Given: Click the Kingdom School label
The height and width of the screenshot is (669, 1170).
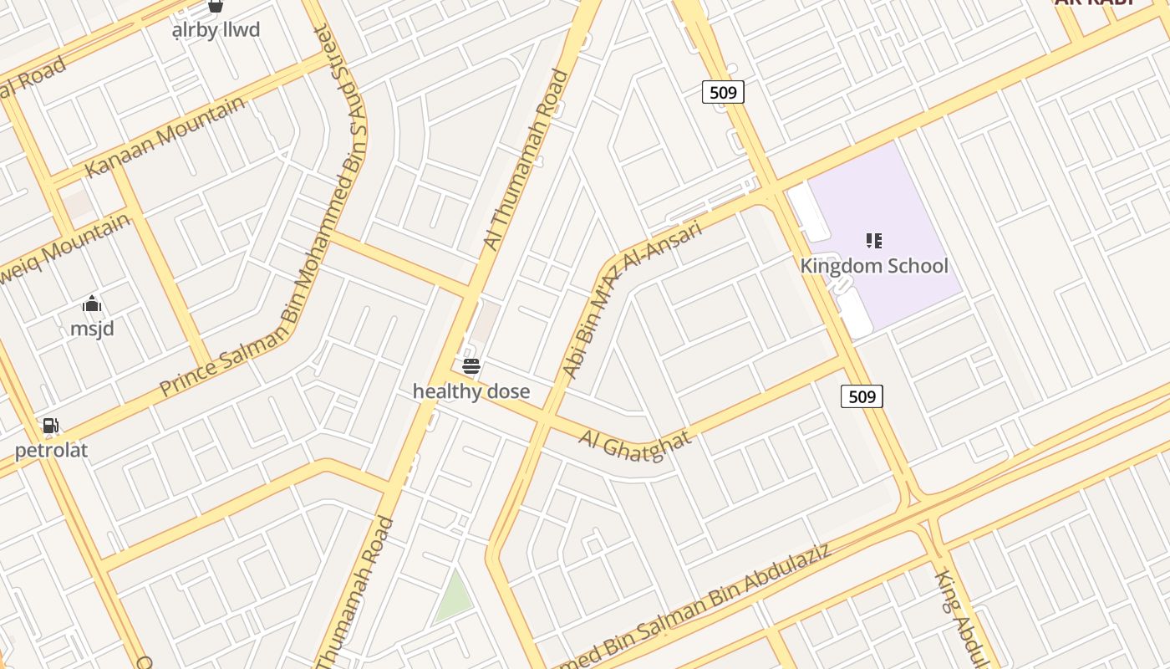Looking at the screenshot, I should pyautogui.click(x=874, y=266).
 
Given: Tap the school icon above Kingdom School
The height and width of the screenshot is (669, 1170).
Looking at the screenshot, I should pyautogui.click(x=874, y=242).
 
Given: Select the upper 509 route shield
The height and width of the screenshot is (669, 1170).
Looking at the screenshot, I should pyautogui.click(x=723, y=92).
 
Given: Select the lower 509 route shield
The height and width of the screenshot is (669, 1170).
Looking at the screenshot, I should pyautogui.click(x=862, y=396).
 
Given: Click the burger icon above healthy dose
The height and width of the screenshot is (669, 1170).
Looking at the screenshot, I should pyautogui.click(x=471, y=366).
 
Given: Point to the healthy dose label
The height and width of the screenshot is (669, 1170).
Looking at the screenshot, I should pyautogui.click(x=471, y=391).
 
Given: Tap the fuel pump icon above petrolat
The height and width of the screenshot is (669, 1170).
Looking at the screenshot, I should pyautogui.click(x=51, y=426).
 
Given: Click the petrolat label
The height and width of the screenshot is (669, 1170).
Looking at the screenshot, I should pyautogui.click(x=51, y=451).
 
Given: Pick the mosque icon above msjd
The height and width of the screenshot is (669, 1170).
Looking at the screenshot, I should pyautogui.click(x=92, y=304).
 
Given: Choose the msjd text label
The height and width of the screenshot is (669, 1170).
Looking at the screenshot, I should pyautogui.click(x=92, y=329).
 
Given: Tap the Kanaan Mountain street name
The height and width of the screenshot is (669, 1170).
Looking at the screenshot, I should pyautogui.click(x=165, y=136).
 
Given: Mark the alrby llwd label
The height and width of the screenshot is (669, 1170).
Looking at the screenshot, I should pyautogui.click(x=216, y=30).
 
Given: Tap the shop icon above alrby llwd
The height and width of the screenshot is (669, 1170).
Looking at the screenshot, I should pyautogui.click(x=216, y=7).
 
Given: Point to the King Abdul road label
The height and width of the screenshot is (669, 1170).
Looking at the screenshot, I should pyautogui.click(x=961, y=615).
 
